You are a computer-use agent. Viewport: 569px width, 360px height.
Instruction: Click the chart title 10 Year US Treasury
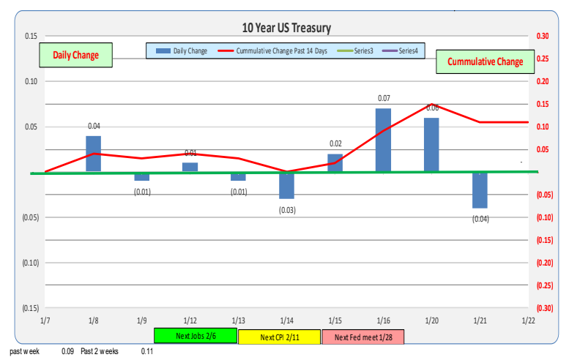tap(286, 28)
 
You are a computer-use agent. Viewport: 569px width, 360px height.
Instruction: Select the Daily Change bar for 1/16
tap(383, 140)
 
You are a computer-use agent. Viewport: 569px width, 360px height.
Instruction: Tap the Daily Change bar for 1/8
tap(94, 154)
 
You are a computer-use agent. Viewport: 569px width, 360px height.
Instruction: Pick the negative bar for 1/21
tap(480, 190)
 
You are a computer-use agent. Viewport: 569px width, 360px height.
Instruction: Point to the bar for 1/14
tap(286, 185)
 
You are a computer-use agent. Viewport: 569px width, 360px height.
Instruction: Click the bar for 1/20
tap(431, 144)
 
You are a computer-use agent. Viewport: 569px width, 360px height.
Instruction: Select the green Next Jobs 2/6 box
tap(196, 337)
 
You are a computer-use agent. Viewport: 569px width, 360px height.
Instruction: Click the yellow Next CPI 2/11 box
tap(280, 337)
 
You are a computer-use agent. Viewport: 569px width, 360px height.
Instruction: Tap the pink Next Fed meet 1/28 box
tap(364, 337)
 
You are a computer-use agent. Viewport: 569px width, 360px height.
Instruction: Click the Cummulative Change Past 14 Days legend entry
tap(281, 50)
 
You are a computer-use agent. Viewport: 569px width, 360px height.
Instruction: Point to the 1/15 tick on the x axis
tap(335, 319)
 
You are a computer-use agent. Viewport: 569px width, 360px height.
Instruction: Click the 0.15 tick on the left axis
tap(31, 36)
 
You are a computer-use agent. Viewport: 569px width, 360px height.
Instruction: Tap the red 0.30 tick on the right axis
tap(543, 36)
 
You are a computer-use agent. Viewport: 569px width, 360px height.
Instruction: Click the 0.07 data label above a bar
tap(383, 97)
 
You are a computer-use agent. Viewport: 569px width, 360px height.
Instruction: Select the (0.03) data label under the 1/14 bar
tap(286, 210)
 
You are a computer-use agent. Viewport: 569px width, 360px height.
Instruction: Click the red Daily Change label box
tap(75, 56)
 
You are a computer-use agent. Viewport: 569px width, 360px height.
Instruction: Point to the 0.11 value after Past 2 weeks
tap(146, 351)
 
